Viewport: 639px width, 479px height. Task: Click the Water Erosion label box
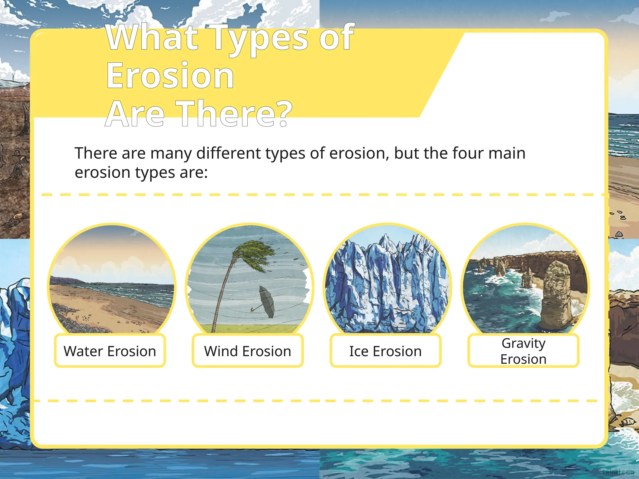pos(110,351)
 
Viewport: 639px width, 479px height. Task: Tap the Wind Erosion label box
pos(248,351)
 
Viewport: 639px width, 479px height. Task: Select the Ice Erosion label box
pos(386,351)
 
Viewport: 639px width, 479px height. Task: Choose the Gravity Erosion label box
pos(523,351)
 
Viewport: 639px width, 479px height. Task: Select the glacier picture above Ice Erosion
pos(387,281)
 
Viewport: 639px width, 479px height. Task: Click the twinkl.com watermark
pos(618,472)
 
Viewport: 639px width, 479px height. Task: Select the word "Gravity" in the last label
pos(523,343)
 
